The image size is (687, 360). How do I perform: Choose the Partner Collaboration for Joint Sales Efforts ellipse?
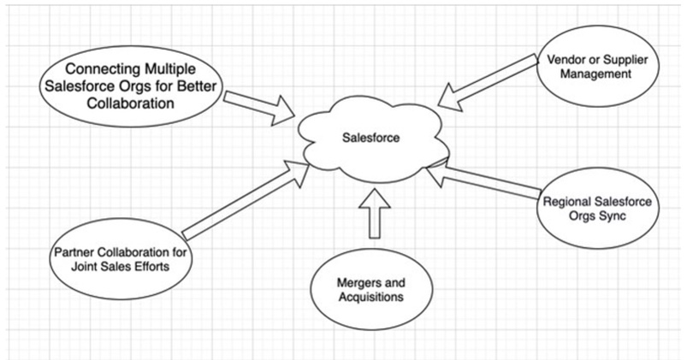pyautogui.click(x=122, y=257)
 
